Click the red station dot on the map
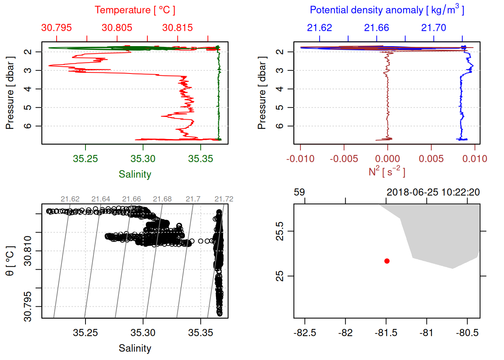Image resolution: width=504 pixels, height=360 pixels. tap(387, 261)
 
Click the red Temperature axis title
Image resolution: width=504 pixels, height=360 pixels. tap(135, 10)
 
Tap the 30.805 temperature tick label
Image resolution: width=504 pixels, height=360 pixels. tap(117, 28)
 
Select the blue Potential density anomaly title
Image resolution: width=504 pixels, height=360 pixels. tap(387, 10)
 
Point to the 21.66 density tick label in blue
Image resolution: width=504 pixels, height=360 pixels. tap(376, 28)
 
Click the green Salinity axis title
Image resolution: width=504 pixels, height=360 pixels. tap(135, 174)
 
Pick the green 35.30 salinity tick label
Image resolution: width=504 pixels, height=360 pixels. tap(143, 159)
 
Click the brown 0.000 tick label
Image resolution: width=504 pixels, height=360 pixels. tap(387, 159)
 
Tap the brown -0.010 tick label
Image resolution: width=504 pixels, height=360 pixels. tap(300, 159)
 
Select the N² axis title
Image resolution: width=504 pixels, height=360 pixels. tap(387, 171)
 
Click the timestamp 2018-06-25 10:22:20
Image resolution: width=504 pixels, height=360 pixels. tap(433, 192)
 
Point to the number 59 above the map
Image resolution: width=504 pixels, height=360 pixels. tap(299, 192)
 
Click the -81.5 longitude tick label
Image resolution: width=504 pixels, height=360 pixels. tap(386, 333)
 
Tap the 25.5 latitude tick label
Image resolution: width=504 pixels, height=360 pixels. tap(280, 231)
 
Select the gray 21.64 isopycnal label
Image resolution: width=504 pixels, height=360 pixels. tap(101, 199)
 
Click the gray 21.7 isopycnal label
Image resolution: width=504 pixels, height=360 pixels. tap(193, 199)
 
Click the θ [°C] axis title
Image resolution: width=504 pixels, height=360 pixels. tap(10, 261)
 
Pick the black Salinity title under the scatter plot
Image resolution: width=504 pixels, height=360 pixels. tap(135, 348)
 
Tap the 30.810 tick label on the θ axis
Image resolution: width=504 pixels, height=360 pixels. tap(28, 251)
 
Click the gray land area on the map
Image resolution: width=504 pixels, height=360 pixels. tap(442, 236)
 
